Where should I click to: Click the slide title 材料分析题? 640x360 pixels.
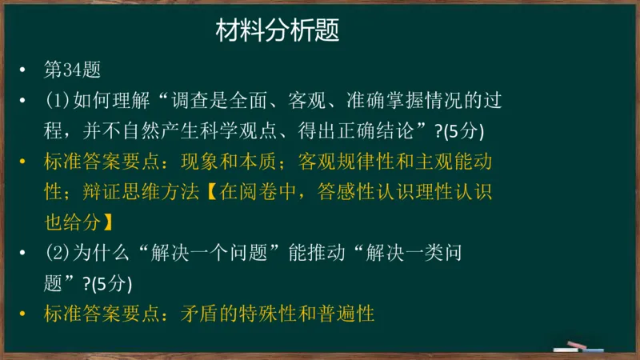pos(278,31)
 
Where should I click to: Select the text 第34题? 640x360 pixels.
pos(72,70)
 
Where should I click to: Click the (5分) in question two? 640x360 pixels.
pos(108,283)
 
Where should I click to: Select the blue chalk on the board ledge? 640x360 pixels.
pos(593,350)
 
